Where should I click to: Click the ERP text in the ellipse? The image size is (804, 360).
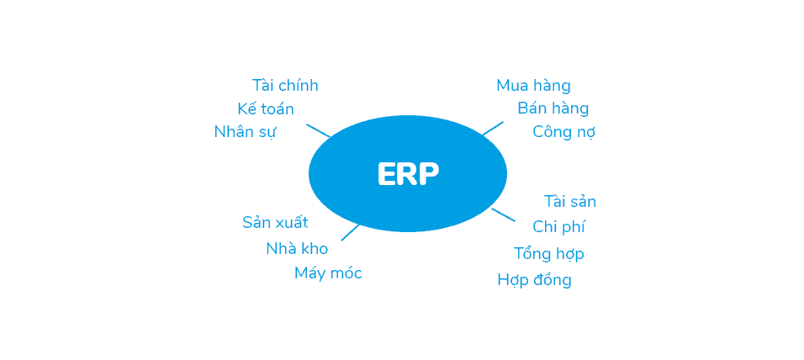pyautogui.click(x=408, y=174)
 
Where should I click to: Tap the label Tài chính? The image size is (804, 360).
pyautogui.click(x=285, y=85)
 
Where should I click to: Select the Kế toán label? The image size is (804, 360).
pyautogui.click(x=266, y=109)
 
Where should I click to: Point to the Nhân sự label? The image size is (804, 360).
pyautogui.click(x=245, y=132)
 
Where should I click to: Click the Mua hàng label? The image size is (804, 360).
pyautogui.click(x=533, y=85)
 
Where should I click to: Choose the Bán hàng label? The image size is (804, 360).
pyautogui.click(x=553, y=109)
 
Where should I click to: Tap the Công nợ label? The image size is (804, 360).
pyautogui.click(x=563, y=132)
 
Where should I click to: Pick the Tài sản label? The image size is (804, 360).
pyautogui.click(x=570, y=201)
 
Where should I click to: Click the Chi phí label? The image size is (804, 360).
pyautogui.click(x=559, y=226)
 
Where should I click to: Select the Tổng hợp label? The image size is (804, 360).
pyautogui.click(x=548, y=253)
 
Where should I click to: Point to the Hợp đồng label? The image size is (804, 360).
pyautogui.click(x=534, y=279)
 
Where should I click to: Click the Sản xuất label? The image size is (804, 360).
pyautogui.click(x=275, y=223)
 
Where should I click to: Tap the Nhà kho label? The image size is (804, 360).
pyautogui.click(x=297, y=248)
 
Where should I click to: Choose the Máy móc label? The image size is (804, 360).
pyautogui.click(x=328, y=273)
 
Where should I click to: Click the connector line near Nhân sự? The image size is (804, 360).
pyautogui.click(x=319, y=130)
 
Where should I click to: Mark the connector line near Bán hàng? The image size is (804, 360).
pyautogui.click(x=493, y=128)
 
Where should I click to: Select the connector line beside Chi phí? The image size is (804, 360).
pyautogui.click(x=503, y=214)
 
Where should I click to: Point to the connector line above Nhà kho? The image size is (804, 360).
pyautogui.click(x=351, y=232)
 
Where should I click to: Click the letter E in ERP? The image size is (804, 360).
pyautogui.click(x=386, y=174)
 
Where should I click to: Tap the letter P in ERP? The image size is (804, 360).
pyautogui.click(x=431, y=174)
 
